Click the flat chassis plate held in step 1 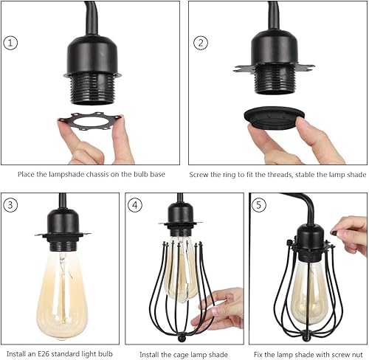(x=91, y=125)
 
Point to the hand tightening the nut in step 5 (x=351, y=235)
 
